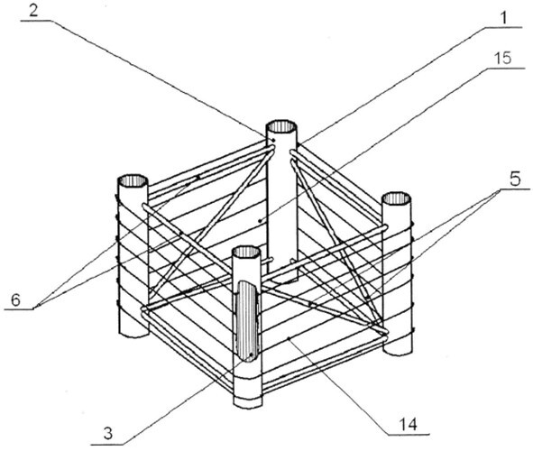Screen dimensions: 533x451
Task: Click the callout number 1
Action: click(x=504, y=18)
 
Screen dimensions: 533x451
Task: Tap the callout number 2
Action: click(x=33, y=11)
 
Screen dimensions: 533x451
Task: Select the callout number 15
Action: click(x=502, y=59)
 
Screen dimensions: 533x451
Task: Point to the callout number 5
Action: click(x=515, y=179)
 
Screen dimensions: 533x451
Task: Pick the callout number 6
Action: click(x=15, y=300)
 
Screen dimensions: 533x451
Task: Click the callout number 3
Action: click(x=108, y=434)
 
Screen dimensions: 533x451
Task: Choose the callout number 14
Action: click(x=408, y=425)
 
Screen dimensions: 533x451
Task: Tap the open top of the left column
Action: click(x=133, y=180)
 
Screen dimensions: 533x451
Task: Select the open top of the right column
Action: click(x=396, y=198)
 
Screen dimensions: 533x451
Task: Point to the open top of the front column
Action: click(x=247, y=253)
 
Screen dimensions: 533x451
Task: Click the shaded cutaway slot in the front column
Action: click(x=247, y=320)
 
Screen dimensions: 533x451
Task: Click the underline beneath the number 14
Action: click(x=409, y=434)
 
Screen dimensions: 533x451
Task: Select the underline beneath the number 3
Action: click(x=107, y=444)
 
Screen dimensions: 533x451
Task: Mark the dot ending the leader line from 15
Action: click(x=260, y=221)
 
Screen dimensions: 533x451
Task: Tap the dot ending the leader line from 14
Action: click(x=289, y=338)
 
